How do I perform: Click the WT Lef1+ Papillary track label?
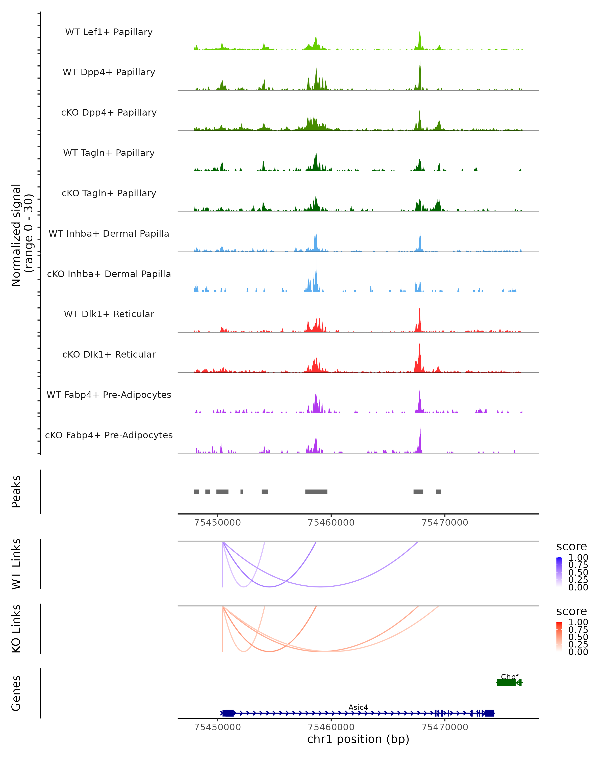(109, 32)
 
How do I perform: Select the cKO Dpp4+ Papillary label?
(109, 113)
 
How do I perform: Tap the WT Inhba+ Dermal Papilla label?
(109, 234)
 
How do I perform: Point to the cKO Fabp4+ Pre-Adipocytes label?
(109, 435)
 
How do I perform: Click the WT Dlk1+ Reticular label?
(109, 314)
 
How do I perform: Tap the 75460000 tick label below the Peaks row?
(331, 523)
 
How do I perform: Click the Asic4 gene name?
(358, 707)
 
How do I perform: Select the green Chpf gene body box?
(506, 683)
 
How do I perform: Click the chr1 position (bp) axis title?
(358, 739)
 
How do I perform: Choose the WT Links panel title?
(16, 564)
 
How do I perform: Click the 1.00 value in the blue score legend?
(578, 558)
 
